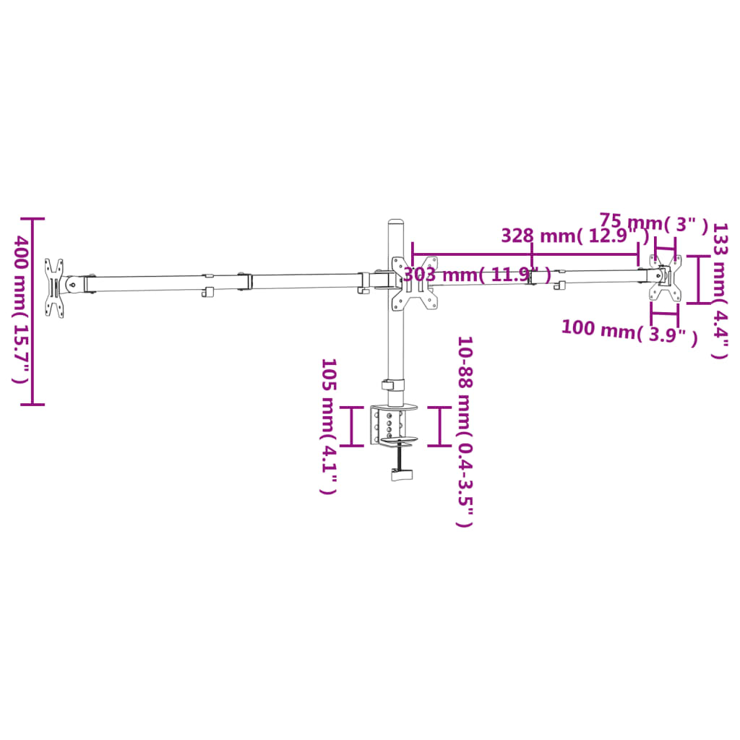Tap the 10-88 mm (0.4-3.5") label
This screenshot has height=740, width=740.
464,431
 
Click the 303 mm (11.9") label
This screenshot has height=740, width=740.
477,275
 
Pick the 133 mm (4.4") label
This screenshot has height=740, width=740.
720,291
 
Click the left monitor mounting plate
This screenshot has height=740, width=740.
54,288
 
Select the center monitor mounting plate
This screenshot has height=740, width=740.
413,284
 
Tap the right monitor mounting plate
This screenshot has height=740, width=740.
665,278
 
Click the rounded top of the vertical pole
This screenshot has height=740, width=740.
395,223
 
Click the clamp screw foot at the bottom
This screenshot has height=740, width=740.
400,474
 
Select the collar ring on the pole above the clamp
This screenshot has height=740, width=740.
394,386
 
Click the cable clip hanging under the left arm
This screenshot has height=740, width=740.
207,292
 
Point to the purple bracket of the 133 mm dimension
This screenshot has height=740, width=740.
698,279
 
